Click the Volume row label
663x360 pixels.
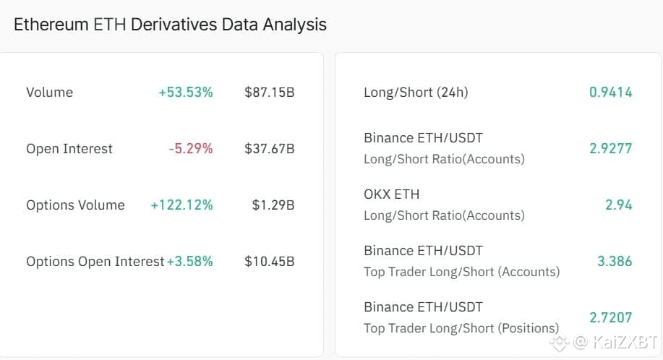49,92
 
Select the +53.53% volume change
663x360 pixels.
186,92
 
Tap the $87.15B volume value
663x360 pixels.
269,92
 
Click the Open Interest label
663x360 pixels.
69,148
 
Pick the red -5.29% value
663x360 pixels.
191,148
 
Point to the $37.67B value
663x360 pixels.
269,148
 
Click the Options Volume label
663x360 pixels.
75,205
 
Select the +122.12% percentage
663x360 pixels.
181,205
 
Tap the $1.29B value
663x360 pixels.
273,205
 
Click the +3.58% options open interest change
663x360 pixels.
190,261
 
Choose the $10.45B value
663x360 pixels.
269,261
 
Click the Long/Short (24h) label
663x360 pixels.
416,92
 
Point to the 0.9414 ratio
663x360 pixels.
610,92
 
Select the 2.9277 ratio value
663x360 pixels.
610,148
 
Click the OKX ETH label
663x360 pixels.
391,194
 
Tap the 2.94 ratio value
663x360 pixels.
618,205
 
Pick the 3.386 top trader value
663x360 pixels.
614,261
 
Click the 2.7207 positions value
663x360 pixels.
610,317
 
